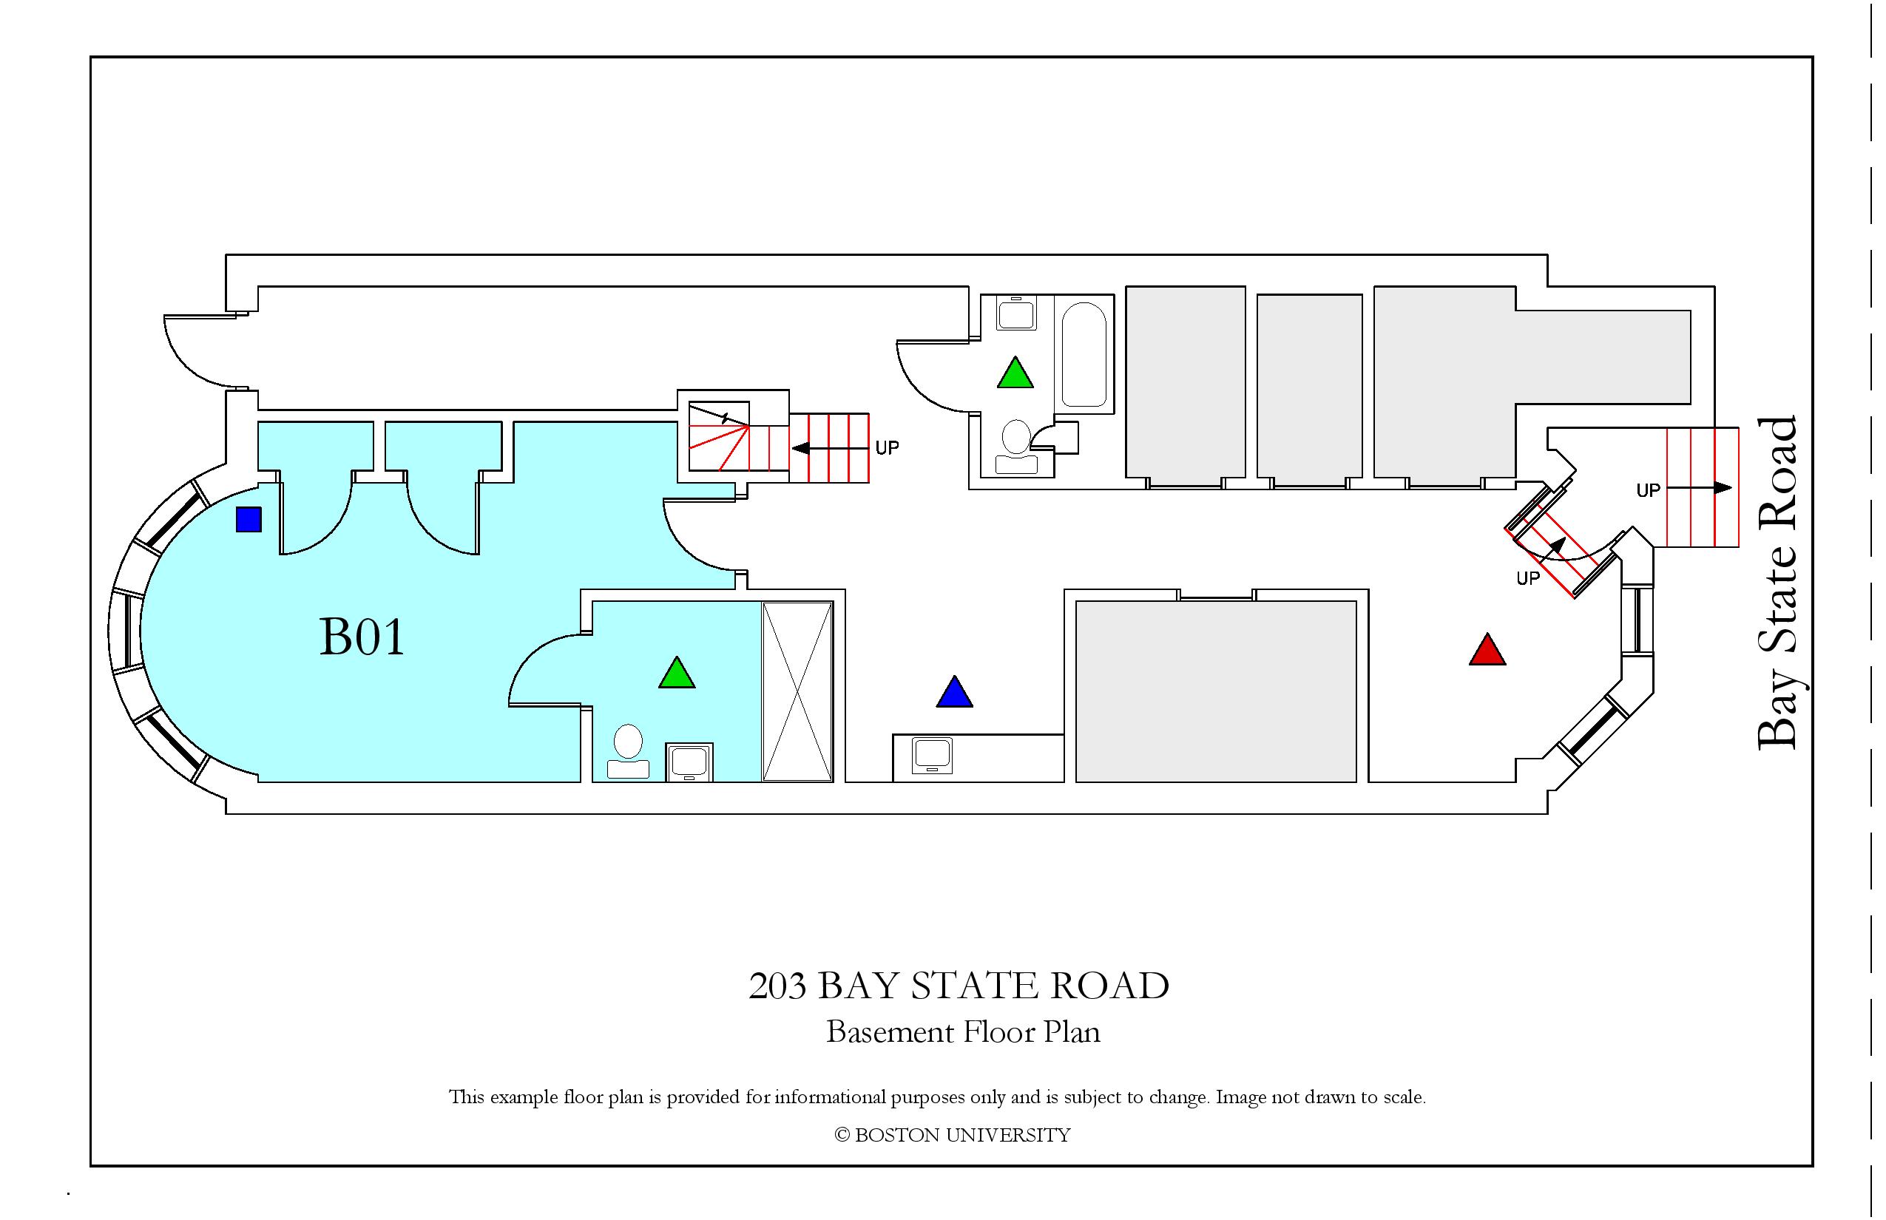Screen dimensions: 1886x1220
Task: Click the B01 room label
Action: [362, 637]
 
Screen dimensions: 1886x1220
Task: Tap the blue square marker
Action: [249, 520]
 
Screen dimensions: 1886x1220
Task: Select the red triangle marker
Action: [1487, 650]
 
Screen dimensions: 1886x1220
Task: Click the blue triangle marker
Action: [954, 691]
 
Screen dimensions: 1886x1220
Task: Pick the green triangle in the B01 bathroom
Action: [677, 673]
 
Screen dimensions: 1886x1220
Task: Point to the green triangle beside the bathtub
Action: [1015, 373]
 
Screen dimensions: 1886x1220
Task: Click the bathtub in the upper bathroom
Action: [1084, 354]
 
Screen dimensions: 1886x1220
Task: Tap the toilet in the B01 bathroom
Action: [629, 750]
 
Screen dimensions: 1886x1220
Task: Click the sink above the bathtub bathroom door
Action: [1016, 312]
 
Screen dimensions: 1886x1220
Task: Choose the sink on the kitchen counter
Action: [932, 755]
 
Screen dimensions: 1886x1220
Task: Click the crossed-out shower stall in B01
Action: [797, 691]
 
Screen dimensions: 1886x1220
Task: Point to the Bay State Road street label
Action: [1777, 583]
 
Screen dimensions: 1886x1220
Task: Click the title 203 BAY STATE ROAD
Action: [959, 986]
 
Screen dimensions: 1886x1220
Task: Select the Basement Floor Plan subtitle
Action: [963, 1032]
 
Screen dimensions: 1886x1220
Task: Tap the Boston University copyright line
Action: [953, 1135]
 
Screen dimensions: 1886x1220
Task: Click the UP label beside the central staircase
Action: [887, 448]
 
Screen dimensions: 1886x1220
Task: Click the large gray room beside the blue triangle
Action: [1216, 691]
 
